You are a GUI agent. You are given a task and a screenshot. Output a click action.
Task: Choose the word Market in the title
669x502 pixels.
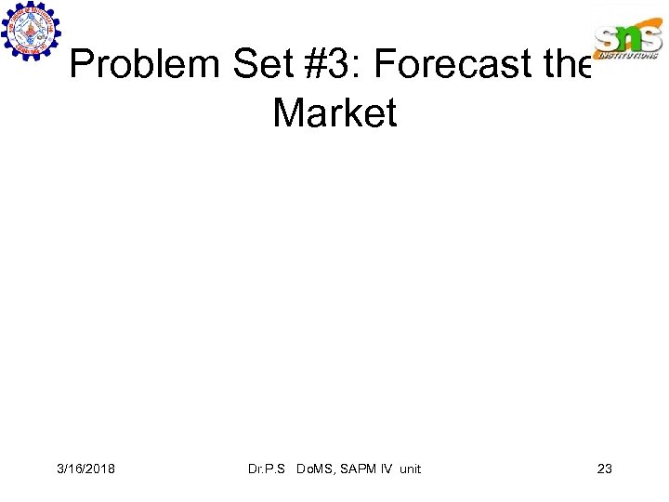tap(334, 113)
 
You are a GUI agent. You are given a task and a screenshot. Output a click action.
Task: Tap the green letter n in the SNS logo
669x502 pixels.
tap(629, 37)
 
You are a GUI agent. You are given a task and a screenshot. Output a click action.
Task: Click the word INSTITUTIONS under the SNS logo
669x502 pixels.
tap(629, 56)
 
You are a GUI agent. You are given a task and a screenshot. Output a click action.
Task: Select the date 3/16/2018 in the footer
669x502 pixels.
tap(85, 469)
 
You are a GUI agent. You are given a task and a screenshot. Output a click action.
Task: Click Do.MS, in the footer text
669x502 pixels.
tap(317, 469)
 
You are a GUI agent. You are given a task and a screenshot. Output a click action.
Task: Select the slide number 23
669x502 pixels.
tap(604, 469)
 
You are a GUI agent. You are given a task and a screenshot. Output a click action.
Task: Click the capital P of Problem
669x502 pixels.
tap(82, 66)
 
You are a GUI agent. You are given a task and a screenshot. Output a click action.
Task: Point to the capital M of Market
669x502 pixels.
tap(288, 113)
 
